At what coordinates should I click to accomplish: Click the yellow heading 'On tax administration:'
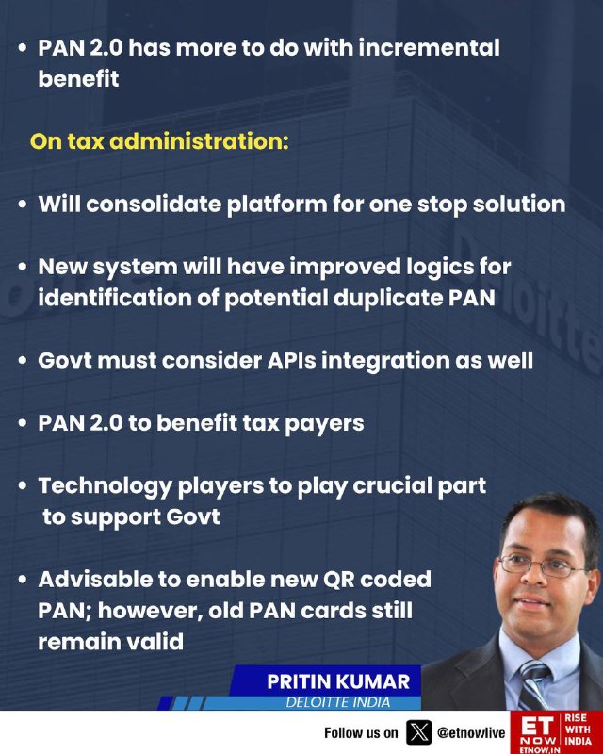click(159, 141)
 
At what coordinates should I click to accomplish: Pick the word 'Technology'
click(105, 486)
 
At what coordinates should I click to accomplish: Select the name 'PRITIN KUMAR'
click(338, 681)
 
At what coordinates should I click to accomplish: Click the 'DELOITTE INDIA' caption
click(338, 702)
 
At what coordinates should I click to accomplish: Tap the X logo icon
click(419, 732)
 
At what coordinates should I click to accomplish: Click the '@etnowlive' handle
click(471, 733)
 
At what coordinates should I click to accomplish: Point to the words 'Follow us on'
click(361, 733)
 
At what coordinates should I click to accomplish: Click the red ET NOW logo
click(538, 733)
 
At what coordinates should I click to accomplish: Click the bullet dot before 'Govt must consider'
click(22, 361)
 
